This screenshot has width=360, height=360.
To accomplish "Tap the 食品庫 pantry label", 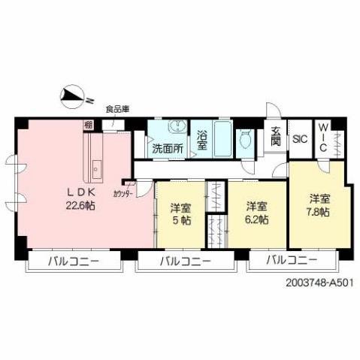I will pyautogui.click(x=116, y=109).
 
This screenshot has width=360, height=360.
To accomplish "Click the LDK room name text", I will pyautogui.click(x=79, y=191).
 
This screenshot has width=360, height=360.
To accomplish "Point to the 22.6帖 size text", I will pyautogui.click(x=80, y=204).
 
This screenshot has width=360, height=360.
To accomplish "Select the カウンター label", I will pyautogui.click(x=123, y=192).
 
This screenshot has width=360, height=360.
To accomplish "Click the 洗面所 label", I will pyautogui.click(x=167, y=149).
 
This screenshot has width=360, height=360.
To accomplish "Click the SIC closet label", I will pyautogui.click(x=300, y=139).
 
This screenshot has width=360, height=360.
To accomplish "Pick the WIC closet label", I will pyautogui.click(x=322, y=138).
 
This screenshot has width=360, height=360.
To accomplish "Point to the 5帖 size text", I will pyautogui.click(x=179, y=221).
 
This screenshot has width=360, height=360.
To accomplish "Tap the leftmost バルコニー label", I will pyautogui.click(x=73, y=262).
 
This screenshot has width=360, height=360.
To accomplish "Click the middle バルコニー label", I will pyautogui.click(x=184, y=262).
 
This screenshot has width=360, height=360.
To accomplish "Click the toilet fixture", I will pyautogui.click(x=245, y=140).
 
